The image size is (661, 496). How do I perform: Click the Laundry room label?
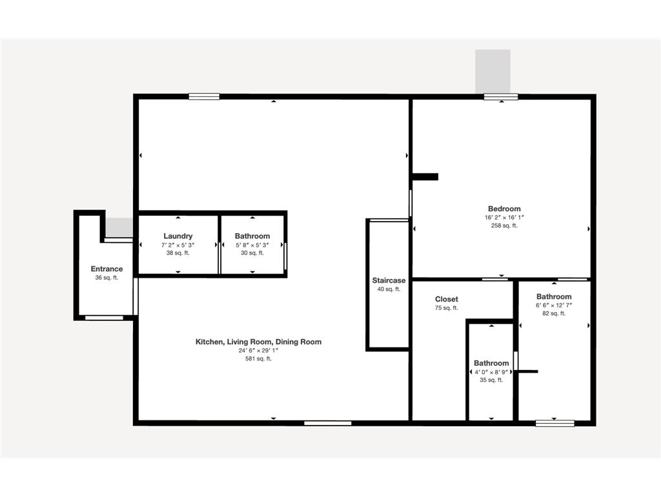[178, 236]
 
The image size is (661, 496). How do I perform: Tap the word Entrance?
[107, 269]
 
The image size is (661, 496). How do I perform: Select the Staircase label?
[389, 280]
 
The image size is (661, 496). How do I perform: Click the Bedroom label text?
[504, 209]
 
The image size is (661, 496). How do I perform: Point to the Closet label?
[447, 299]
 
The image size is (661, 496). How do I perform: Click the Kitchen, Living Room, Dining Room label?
[258, 342]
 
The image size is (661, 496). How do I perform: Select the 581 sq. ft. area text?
[258, 358]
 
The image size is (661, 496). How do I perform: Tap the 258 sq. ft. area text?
[504, 226]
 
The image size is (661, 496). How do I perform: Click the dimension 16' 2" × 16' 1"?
[504, 218]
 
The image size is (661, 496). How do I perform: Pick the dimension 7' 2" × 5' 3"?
[178, 245]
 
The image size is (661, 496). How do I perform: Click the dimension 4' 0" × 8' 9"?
[491, 372]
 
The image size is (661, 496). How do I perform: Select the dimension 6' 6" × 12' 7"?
[554, 305]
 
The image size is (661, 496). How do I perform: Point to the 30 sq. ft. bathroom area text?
[252, 253]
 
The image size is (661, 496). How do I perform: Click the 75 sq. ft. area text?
[447, 308]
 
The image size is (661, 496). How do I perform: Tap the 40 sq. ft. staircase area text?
[389, 289]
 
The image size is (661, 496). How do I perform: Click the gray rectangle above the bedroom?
[493, 71]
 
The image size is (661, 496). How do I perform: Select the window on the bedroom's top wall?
[501, 97]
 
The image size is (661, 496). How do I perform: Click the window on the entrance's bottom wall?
[105, 317]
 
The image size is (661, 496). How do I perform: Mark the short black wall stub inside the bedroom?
[425, 176]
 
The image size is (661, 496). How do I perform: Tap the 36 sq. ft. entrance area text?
[107, 278]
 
